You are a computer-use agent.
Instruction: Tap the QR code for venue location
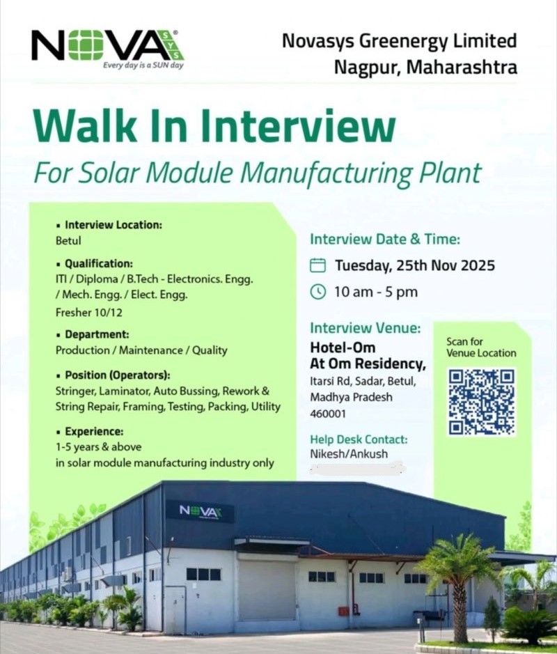pyautogui.click(x=482, y=402)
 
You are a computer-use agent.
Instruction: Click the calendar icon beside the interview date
pyautogui.click(x=317, y=265)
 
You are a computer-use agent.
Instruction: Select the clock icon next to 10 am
pyautogui.click(x=317, y=292)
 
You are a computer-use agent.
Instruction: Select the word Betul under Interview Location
pyautogui.click(x=68, y=241)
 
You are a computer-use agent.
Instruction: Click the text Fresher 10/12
pyautogui.click(x=89, y=313)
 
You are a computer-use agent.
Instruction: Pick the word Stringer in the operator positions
pyautogui.click(x=76, y=391)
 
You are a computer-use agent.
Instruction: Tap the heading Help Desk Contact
pyautogui.click(x=359, y=439)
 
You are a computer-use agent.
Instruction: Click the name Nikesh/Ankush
pyautogui.click(x=349, y=454)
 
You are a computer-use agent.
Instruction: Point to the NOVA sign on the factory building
pyautogui.click(x=201, y=511)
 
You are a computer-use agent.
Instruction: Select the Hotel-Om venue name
pyautogui.click(x=343, y=348)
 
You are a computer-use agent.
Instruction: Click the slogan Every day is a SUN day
pyautogui.click(x=143, y=65)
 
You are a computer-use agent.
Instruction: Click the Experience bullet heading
pyautogui.click(x=94, y=431)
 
